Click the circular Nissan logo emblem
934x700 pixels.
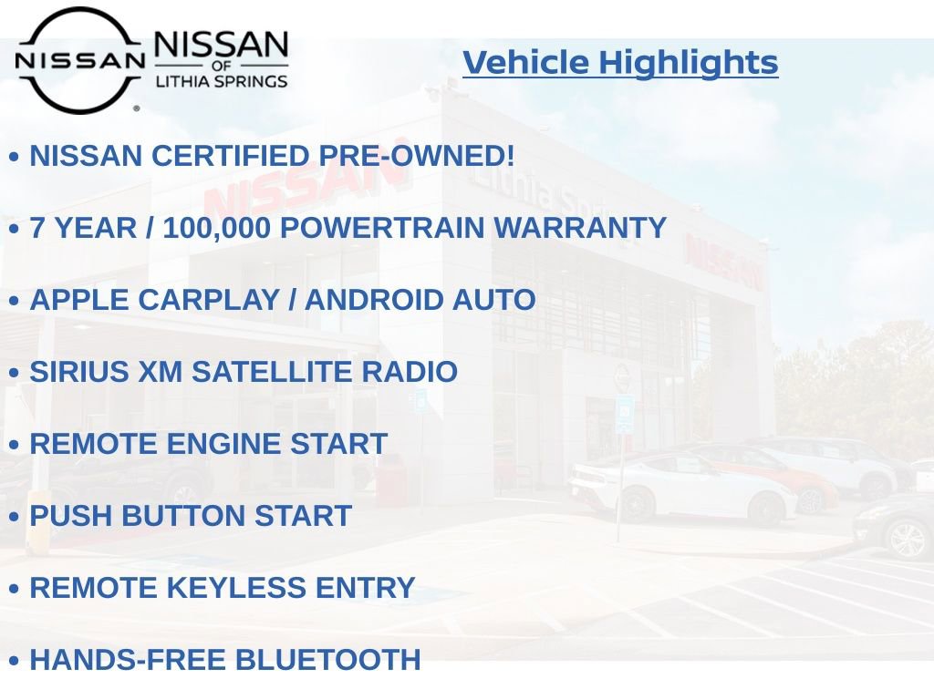(79, 60)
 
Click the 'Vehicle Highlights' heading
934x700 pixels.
(620, 63)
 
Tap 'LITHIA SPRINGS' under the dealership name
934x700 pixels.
(221, 81)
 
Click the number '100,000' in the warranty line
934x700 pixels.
(216, 228)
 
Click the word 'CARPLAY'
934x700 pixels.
(212, 300)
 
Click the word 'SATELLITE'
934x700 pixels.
(271, 372)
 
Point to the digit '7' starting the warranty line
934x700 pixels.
(38, 228)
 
